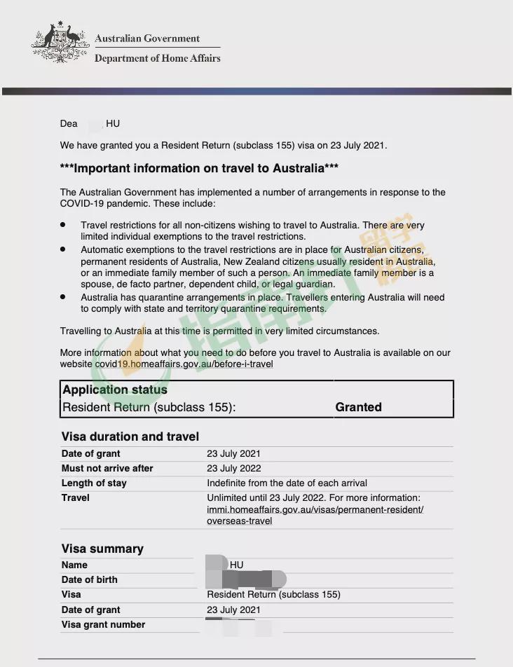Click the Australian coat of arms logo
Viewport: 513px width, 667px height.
point(60,43)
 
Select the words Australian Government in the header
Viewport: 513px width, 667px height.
point(147,39)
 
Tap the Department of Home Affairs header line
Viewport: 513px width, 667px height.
point(157,58)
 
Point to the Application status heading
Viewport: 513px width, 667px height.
point(115,390)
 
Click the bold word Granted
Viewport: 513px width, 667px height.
point(358,407)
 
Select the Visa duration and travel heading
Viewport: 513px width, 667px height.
point(130,436)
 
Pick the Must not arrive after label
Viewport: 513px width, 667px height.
point(107,468)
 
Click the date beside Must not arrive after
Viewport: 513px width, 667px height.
point(233,468)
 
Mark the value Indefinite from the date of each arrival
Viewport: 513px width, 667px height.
point(287,483)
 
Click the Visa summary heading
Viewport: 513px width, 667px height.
point(102,549)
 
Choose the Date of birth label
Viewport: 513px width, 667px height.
point(90,579)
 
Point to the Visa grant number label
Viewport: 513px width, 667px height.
point(103,624)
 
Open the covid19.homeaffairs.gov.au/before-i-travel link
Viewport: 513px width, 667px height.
point(182,364)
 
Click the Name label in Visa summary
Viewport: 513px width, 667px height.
point(74,565)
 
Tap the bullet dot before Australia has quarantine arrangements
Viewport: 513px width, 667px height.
point(63,296)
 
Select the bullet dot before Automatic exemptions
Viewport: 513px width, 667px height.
point(63,249)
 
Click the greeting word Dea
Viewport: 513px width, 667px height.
point(69,124)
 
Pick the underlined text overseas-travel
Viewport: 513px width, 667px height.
point(239,521)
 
